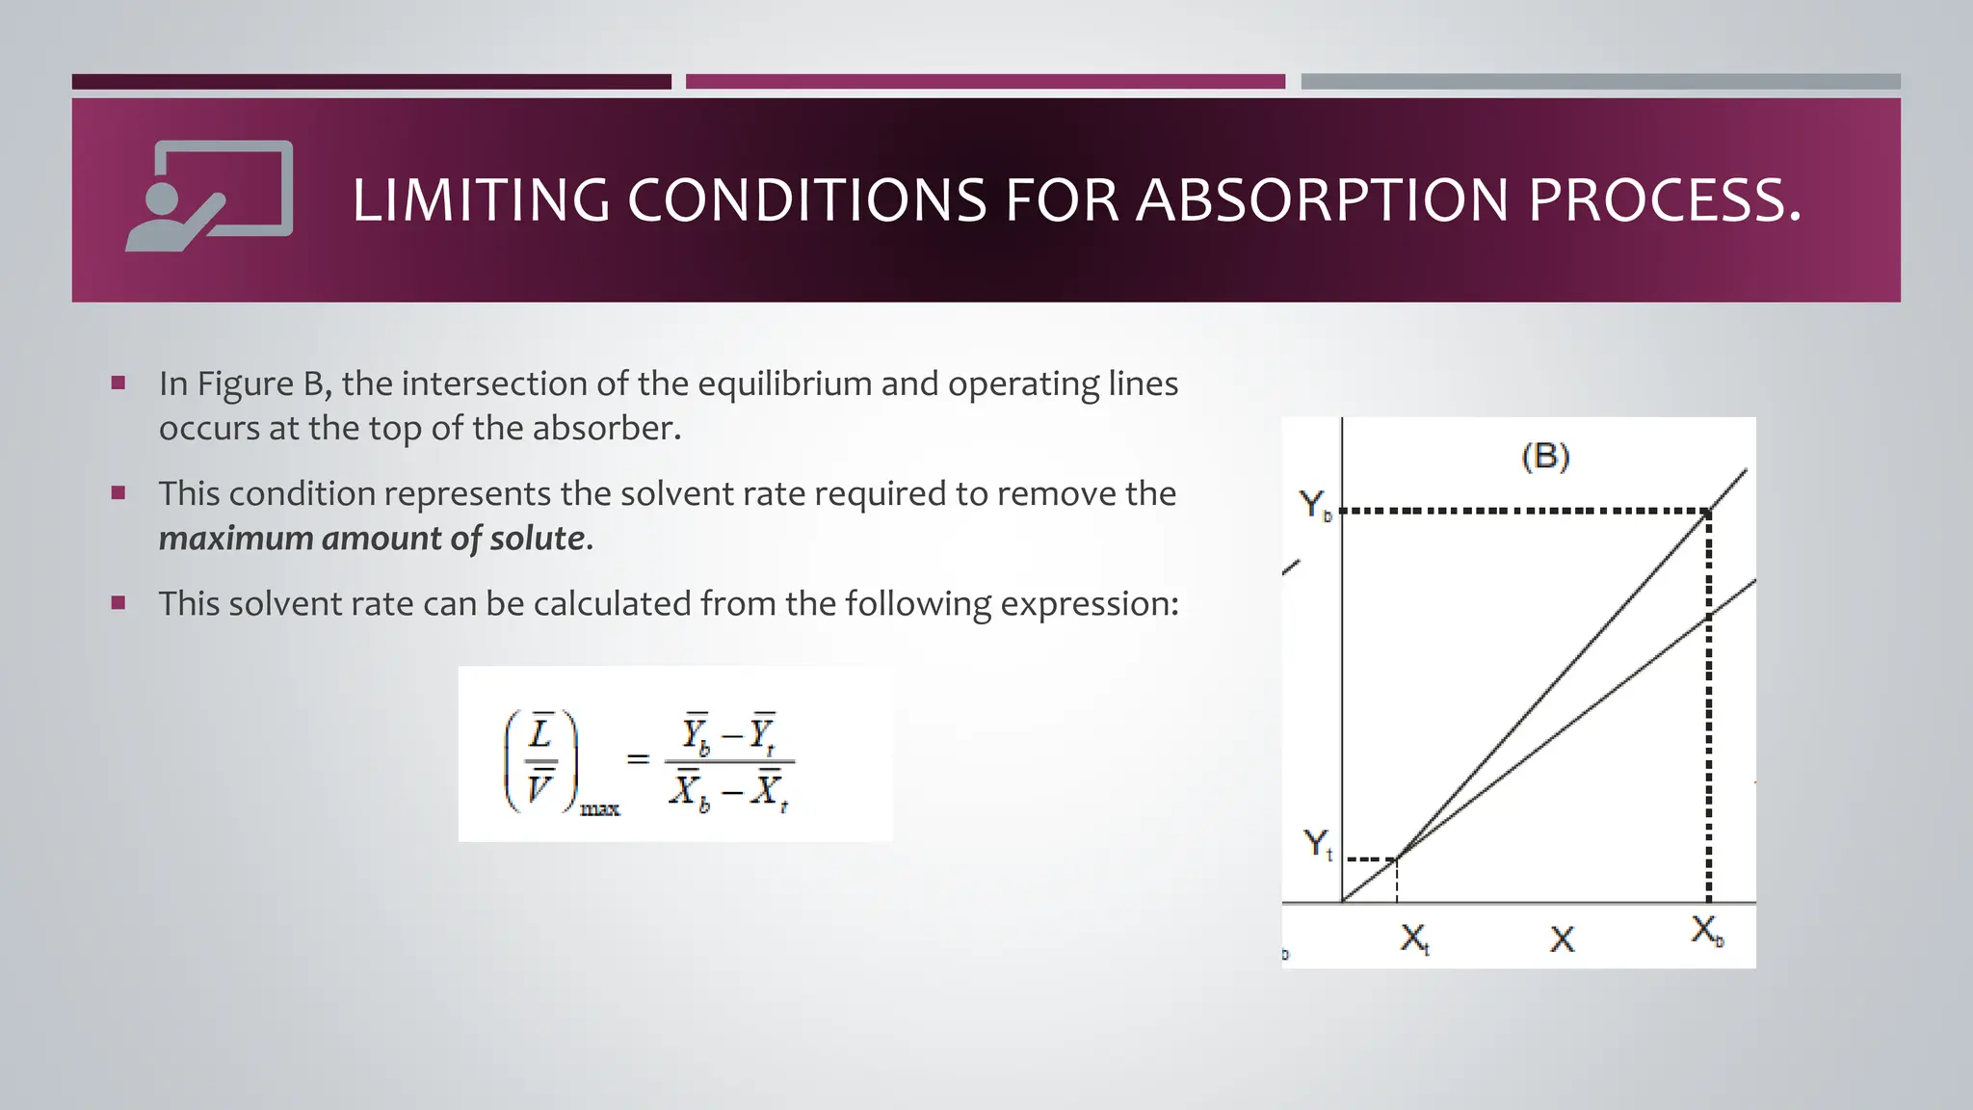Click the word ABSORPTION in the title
point(1323,200)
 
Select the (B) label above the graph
point(1545,456)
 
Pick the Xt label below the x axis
point(1414,938)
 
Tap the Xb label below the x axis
point(1707,931)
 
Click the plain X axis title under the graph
point(1562,938)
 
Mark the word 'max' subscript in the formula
point(599,809)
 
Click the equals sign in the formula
point(637,759)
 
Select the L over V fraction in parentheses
point(540,761)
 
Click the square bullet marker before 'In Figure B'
point(118,383)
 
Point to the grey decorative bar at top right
point(1600,82)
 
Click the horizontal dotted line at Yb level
point(1522,511)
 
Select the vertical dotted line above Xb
point(1709,703)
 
